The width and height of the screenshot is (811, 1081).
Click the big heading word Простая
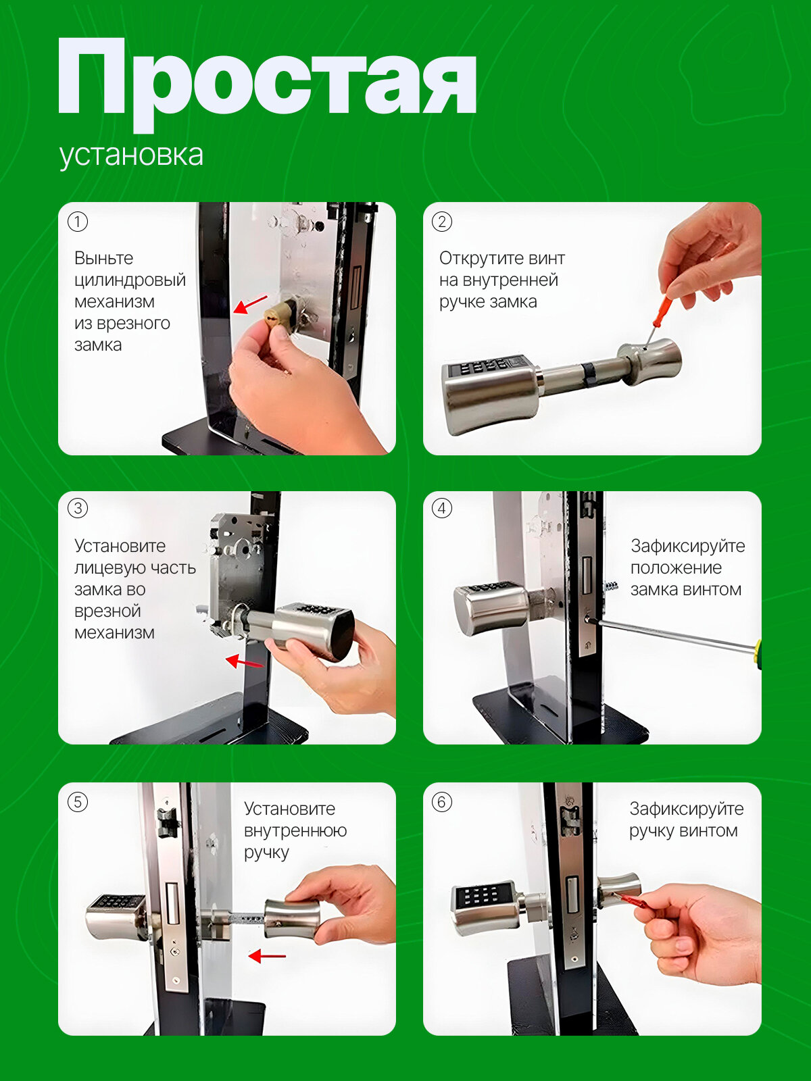[x=268, y=84]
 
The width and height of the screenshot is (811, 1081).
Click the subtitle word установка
[x=132, y=155]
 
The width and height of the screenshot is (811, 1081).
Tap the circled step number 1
[x=78, y=222]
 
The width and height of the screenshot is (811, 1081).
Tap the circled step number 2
[x=442, y=222]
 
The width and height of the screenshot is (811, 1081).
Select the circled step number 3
[x=78, y=508]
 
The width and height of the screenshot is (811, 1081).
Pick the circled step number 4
[x=442, y=508]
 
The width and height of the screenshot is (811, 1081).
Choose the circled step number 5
[x=78, y=802]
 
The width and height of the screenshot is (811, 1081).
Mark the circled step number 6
[x=442, y=802]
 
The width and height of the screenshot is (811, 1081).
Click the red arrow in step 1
[x=250, y=304]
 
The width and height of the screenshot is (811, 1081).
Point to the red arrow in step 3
[x=244, y=662]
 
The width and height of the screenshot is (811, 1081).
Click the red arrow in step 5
[x=267, y=957]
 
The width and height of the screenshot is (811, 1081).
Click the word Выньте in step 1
[x=104, y=259]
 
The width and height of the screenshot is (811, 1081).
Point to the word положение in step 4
[x=676, y=568]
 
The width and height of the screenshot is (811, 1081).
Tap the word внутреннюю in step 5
[x=295, y=831]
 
